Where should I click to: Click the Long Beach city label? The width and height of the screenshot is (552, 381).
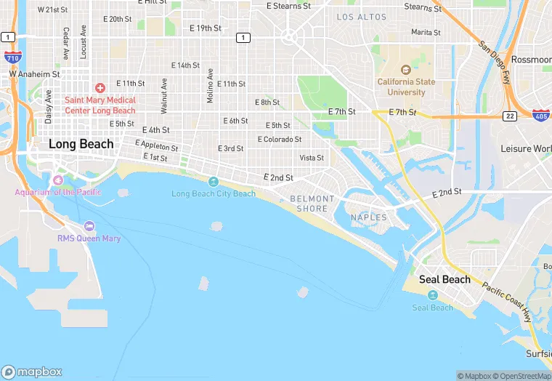click(81, 144)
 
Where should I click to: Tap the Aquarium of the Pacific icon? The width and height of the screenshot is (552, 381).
click(59, 180)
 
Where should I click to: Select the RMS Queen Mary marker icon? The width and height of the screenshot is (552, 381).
click(89, 226)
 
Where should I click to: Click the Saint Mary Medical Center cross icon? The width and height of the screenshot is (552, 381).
click(100, 87)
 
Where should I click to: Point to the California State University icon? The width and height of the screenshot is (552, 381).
click(406, 70)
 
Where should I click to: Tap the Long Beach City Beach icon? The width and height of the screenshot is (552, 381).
click(214, 182)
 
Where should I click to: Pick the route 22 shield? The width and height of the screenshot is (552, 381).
click(509, 116)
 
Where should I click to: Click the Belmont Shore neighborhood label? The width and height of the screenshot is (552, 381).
click(312, 204)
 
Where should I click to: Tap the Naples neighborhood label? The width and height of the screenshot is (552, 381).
click(370, 217)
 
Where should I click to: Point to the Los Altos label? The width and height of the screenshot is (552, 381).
click(361, 17)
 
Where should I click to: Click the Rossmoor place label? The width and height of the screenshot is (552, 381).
click(531, 60)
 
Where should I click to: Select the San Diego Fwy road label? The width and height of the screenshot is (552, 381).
click(494, 55)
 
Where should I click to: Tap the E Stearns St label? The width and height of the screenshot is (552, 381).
click(288, 6)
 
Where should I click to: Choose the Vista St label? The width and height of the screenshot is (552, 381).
click(312, 158)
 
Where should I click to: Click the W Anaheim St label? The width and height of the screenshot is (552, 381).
click(34, 73)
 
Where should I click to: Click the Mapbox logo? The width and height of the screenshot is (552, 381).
click(32, 372)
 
